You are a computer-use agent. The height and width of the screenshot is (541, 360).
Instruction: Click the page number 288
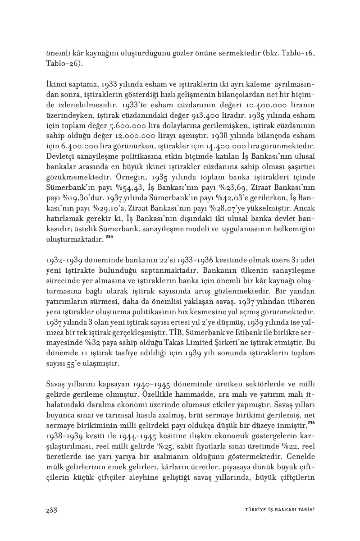[x=51, y=510]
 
